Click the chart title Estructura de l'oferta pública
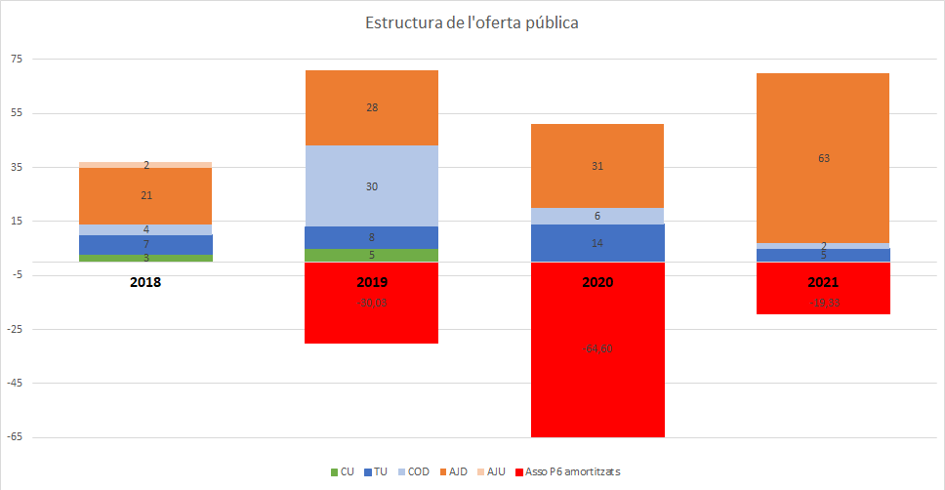472,22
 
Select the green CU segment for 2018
145,258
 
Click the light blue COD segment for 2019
372,185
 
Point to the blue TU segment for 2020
597,243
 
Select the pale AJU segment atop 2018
145,165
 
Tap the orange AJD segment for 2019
372,107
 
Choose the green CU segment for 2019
372,256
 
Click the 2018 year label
145,282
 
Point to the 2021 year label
823,282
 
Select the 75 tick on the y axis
16,59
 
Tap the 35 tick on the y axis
16,167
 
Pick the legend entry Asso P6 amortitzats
572,471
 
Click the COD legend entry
415,471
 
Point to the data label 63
823,157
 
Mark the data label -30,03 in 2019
372,303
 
